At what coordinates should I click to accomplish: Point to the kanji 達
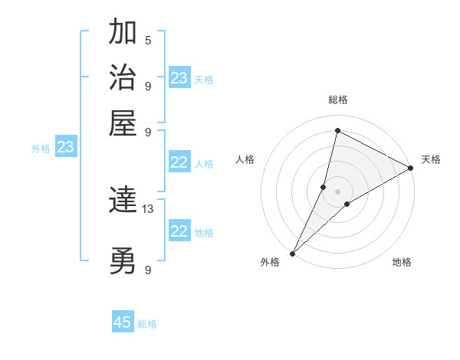(123, 201)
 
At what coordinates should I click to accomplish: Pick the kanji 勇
(123, 262)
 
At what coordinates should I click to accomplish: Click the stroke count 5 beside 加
(148, 40)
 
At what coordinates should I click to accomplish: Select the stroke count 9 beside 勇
(148, 270)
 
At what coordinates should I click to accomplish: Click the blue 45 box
(123, 322)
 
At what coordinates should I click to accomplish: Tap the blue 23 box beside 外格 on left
(66, 147)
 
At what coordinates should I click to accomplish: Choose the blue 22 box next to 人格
(179, 162)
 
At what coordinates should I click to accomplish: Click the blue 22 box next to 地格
(179, 231)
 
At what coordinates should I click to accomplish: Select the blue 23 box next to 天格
(179, 78)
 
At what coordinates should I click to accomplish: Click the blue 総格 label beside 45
(147, 324)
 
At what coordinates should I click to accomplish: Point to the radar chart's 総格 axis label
(338, 100)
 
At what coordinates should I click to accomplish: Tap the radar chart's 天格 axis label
(431, 159)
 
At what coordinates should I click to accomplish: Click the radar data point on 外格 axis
(292, 254)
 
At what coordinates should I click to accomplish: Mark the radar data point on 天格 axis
(411, 169)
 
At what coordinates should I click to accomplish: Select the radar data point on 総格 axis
(337, 131)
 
